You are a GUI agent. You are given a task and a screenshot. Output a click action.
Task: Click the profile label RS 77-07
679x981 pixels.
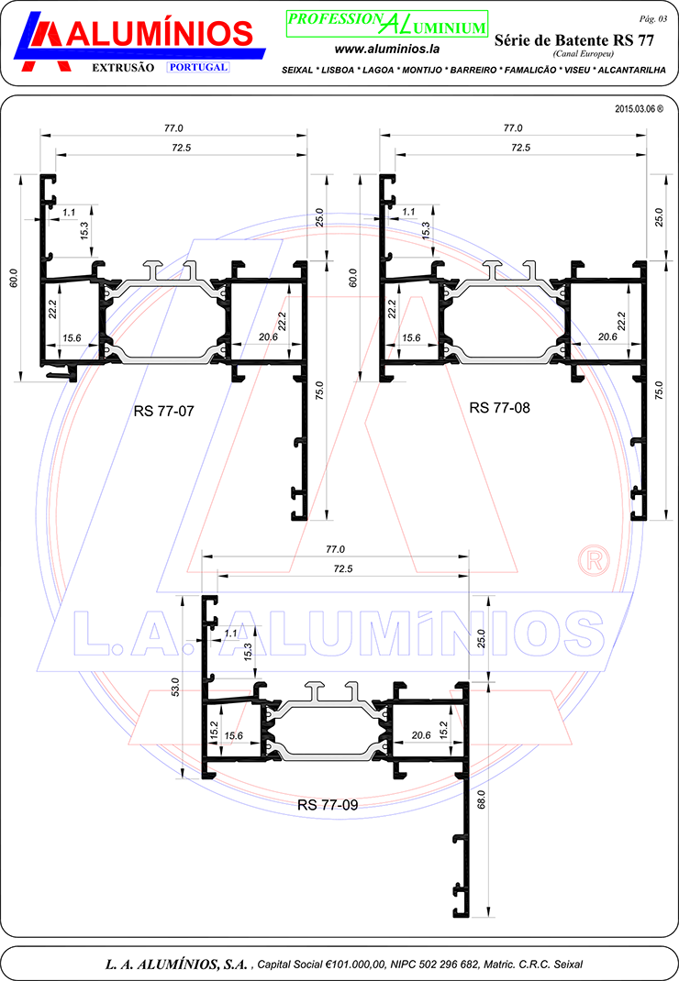pyautogui.click(x=163, y=411)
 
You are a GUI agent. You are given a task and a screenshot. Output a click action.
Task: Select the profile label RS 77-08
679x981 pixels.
pyautogui.click(x=499, y=408)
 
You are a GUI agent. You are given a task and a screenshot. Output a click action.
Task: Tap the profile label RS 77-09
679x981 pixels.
pyautogui.click(x=328, y=805)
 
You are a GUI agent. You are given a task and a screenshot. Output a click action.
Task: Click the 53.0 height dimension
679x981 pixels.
pyautogui.click(x=176, y=687)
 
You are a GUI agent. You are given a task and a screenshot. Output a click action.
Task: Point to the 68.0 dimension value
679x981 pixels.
pyautogui.click(x=481, y=799)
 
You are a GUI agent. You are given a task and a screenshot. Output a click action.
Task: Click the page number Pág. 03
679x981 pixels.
pyautogui.click(x=652, y=18)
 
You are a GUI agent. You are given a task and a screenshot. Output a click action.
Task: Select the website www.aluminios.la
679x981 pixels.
pyautogui.click(x=387, y=49)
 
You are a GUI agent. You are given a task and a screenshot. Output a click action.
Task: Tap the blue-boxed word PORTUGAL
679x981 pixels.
pyautogui.click(x=198, y=67)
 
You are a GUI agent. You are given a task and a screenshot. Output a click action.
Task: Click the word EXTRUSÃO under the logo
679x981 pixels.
pyautogui.click(x=123, y=68)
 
